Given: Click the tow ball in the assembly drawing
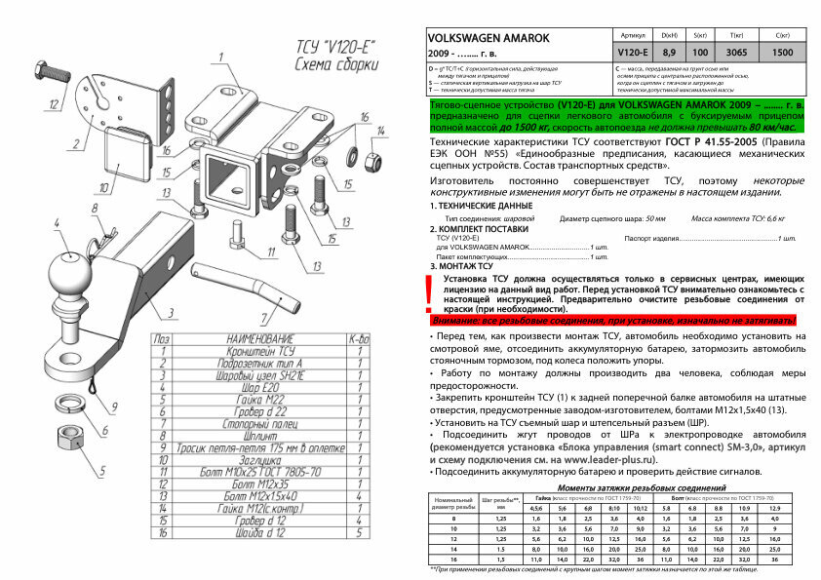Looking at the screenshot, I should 69,272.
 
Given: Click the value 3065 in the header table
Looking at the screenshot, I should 737,52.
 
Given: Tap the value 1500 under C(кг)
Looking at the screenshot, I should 782,52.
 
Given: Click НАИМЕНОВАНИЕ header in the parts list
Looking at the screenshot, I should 258,338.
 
